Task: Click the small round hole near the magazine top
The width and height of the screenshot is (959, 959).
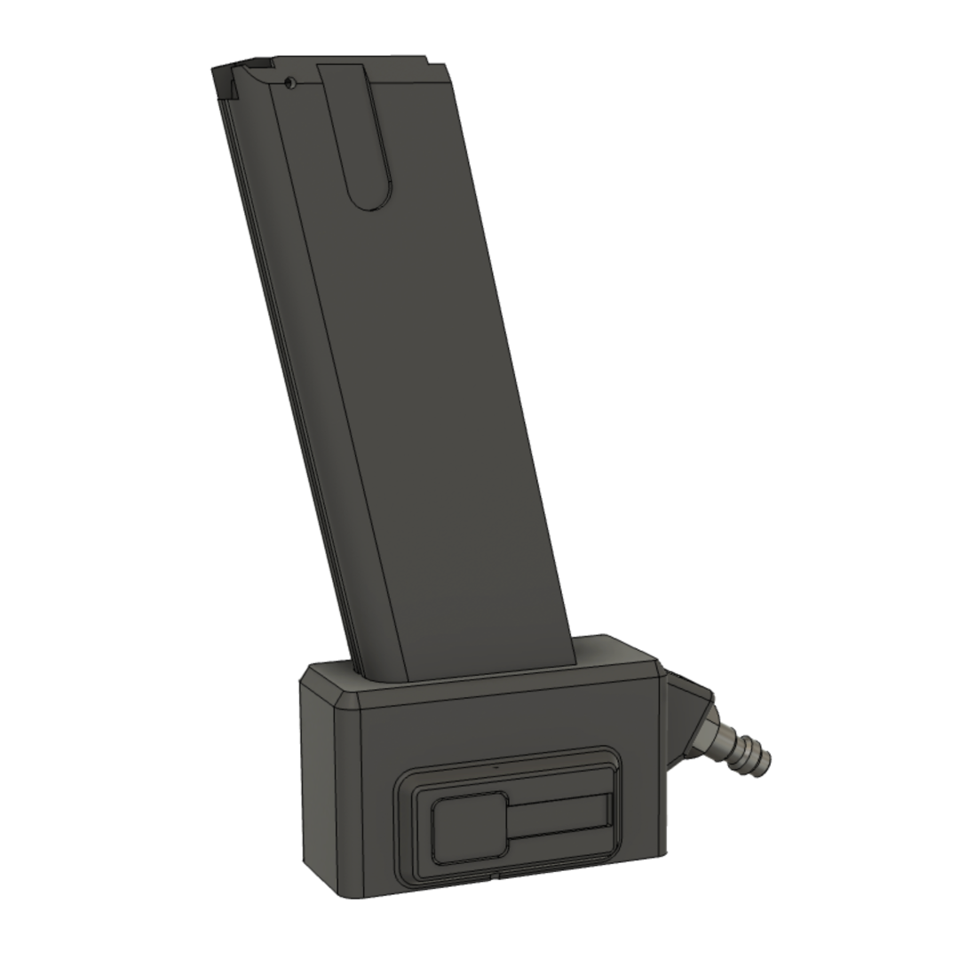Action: (x=290, y=83)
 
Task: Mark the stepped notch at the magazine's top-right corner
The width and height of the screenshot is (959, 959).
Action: (x=438, y=64)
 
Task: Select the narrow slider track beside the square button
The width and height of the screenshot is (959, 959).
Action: (x=559, y=814)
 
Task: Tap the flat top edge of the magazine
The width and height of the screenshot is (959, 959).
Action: (x=355, y=60)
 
